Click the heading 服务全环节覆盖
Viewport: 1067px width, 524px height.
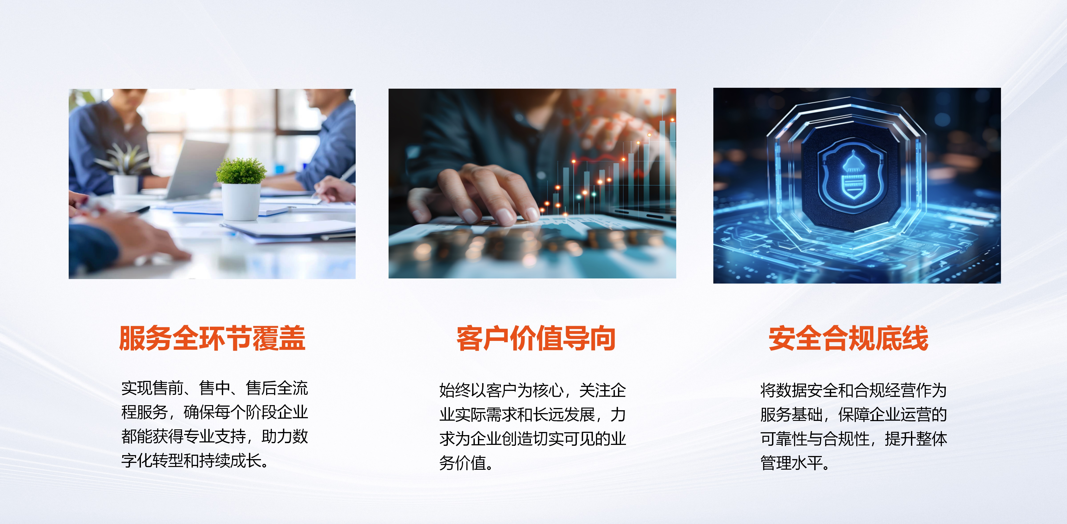coord(212,338)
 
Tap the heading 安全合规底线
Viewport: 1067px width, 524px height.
coord(848,338)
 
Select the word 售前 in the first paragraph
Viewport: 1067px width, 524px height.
coord(168,388)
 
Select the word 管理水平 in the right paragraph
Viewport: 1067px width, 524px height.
coord(791,463)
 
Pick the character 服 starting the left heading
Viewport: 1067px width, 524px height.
coord(132,338)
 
